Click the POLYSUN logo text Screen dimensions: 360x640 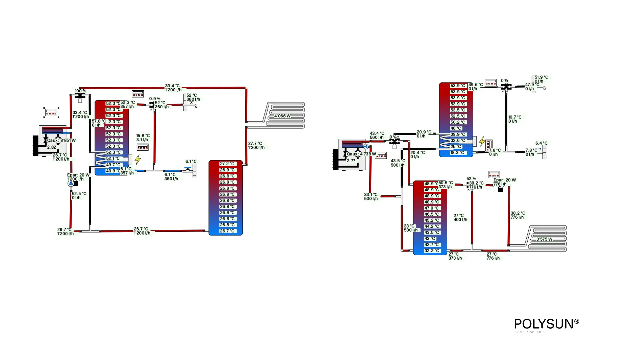pyautogui.click(x=546, y=324)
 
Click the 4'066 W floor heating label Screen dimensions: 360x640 pyautogui.click(x=282, y=116)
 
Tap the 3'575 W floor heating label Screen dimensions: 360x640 pyautogui.click(x=544, y=239)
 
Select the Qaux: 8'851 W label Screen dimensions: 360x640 pyautogui.click(x=61, y=140)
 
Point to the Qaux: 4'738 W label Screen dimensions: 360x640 pyautogui.click(x=361, y=154)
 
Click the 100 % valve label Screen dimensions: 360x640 pyautogui.click(x=80, y=91)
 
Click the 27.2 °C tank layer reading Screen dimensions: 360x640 pyautogui.click(x=227, y=164)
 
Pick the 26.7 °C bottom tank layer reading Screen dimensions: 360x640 pyautogui.click(x=227, y=231)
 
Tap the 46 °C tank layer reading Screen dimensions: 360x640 pyautogui.click(x=456, y=128)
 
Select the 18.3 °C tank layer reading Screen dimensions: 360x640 pyautogui.click(x=457, y=153)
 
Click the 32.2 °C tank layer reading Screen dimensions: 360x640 pyautogui.click(x=432, y=251)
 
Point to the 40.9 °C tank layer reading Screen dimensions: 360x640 pyautogui.click(x=113, y=171)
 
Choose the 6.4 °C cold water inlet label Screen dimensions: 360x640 pyautogui.click(x=541, y=143)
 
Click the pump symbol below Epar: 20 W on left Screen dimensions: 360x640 pyautogui.click(x=71, y=183)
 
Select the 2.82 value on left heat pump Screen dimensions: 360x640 pyautogui.click(x=51, y=147)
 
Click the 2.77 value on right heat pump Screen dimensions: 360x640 pyautogui.click(x=351, y=161)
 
